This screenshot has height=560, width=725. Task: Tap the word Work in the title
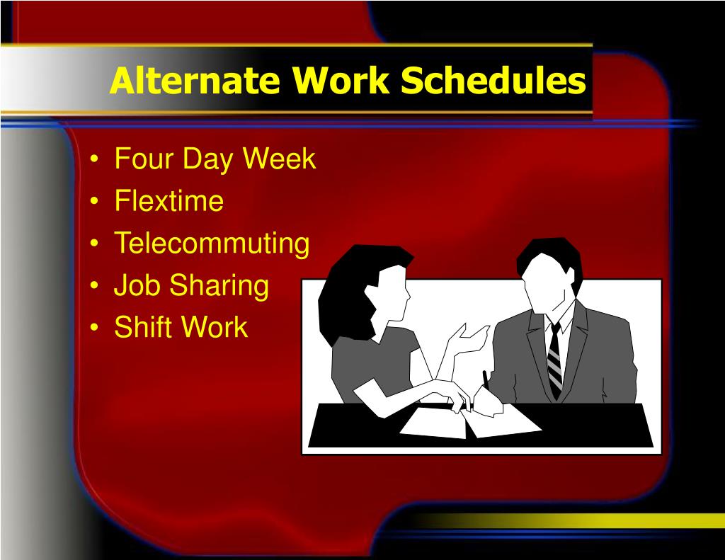point(341,81)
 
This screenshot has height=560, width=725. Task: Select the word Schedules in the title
point(493,81)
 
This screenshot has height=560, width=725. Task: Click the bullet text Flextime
point(169,200)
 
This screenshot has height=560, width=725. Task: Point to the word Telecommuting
point(212,244)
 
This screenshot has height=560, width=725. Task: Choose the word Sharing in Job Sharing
point(219,286)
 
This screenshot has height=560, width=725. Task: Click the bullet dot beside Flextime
point(94,202)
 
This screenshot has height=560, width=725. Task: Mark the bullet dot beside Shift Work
point(94,328)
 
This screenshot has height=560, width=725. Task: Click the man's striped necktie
point(555,360)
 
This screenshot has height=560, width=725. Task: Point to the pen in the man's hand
point(486,381)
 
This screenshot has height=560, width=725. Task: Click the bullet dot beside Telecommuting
point(94,244)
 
